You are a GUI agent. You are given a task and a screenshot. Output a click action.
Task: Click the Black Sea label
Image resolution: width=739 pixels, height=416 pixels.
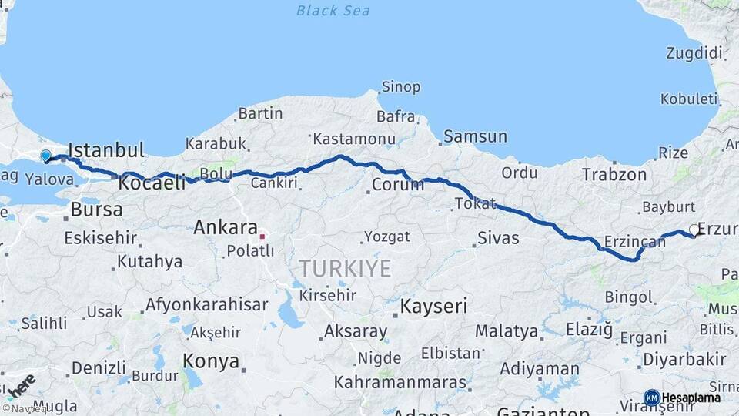tap(333, 11)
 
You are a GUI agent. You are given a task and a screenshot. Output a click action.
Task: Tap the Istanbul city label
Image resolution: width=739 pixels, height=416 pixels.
tap(106, 149)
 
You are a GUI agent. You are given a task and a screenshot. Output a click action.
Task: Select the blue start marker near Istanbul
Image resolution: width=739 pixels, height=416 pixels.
tap(45, 156)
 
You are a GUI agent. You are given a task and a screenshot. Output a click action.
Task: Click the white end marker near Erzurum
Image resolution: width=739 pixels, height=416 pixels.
tap(694, 230)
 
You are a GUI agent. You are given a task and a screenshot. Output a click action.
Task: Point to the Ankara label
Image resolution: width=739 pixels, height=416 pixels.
tap(225, 227)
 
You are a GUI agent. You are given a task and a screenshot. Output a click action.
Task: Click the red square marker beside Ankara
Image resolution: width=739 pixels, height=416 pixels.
tap(262, 236)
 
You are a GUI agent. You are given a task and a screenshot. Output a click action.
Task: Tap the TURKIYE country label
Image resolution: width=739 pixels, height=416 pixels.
tap(345, 269)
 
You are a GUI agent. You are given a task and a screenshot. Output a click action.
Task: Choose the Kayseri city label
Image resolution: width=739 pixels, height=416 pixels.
tap(433, 306)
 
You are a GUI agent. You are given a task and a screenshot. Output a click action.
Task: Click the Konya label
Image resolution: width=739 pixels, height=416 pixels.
tap(210, 360)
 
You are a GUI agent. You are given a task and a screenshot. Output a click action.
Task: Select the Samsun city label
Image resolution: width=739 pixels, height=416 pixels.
tap(476, 136)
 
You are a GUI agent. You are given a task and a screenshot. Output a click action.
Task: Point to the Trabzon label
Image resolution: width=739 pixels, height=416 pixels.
tap(614, 174)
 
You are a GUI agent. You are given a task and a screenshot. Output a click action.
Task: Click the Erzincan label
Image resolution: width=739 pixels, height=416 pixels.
tap(634, 241)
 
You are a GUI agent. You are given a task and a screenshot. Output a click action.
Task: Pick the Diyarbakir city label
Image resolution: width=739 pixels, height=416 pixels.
tap(684, 359)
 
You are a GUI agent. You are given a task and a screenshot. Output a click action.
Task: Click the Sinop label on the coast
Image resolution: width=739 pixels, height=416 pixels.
tap(401, 87)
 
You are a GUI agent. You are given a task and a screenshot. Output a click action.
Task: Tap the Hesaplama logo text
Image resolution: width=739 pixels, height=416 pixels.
tap(691, 398)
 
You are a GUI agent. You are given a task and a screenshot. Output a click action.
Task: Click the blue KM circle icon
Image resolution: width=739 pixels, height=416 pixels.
tap(651, 398)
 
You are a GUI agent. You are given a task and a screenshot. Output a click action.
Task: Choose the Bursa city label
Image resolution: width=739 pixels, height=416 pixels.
tap(96, 209)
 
